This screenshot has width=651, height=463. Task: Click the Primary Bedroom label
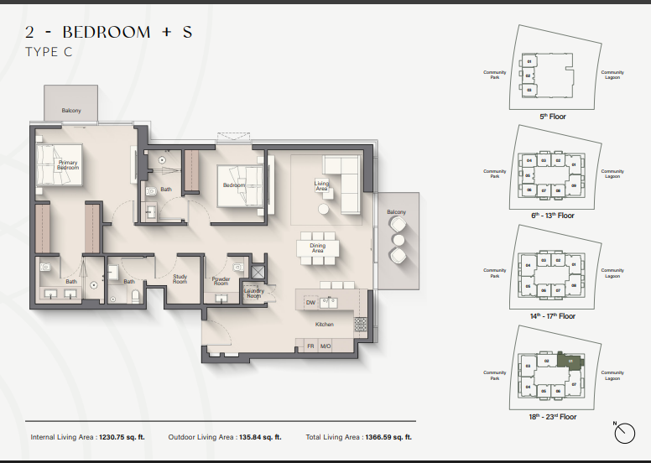click(x=68, y=165)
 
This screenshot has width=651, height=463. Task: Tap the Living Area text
click(x=321, y=185)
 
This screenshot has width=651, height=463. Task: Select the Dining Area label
click(x=317, y=248)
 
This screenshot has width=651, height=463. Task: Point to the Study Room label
click(x=180, y=279)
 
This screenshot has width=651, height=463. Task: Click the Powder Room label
click(x=221, y=281)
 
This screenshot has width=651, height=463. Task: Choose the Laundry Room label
click(x=254, y=293)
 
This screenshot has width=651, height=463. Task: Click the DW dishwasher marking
click(x=310, y=302)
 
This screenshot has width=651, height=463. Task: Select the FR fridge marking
click(x=310, y=346)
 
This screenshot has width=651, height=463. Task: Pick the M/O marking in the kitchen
click(x=325, y=346)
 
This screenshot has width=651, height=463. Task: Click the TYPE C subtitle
click(x=49, y=52)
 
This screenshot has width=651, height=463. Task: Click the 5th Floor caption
click(x=553, y=117)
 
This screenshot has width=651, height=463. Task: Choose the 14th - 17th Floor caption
click(x=553, y=316)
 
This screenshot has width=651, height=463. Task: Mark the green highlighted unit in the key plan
click(x=572, y=362)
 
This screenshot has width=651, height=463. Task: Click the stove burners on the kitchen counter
click(x=362, y=323)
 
